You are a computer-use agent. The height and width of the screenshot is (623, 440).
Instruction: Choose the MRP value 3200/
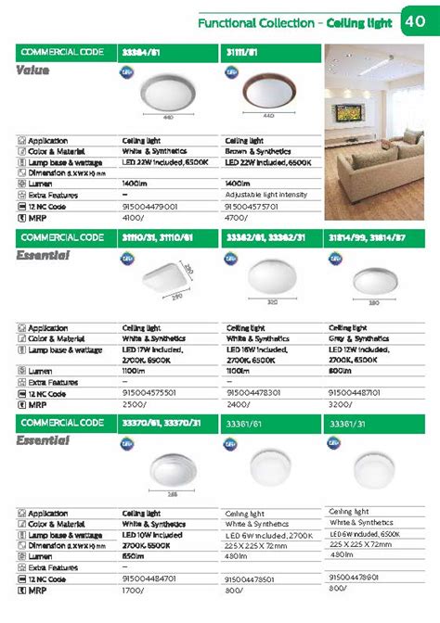341,404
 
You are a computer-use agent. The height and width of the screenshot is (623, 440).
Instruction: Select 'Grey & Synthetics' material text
357,337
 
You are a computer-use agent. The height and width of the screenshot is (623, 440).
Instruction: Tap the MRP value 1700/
134,589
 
